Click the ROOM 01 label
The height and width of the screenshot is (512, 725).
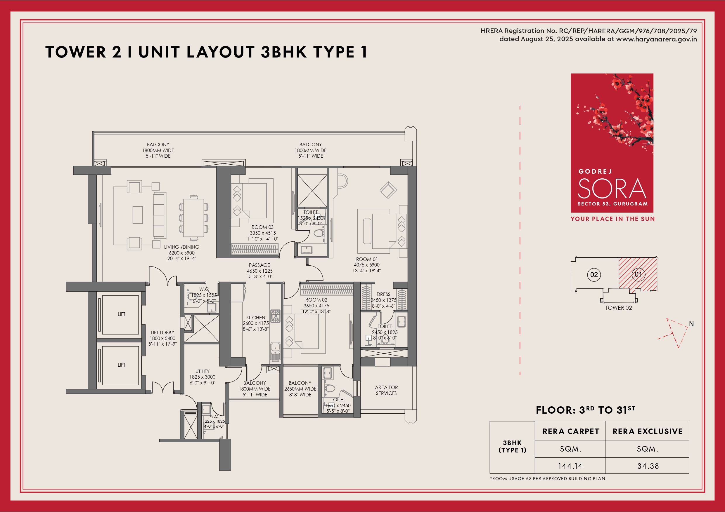tap(367, 259)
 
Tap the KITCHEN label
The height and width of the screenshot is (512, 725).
tap(256, 318)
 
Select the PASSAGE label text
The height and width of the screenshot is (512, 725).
tap(259, 265)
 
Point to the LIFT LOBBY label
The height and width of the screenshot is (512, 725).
tap(162, 332)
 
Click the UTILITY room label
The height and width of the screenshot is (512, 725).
tap(203, 371)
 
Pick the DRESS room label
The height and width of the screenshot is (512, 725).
tap(383, 294)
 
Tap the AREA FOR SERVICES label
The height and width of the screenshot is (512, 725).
tap(386, 390)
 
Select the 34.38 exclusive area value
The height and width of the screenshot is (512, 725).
tap(648, 466)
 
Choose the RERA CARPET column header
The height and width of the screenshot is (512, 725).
tap(571, 431)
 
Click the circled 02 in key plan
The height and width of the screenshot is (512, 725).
tap(594, 274)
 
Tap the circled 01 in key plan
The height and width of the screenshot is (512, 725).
tap(639, 274)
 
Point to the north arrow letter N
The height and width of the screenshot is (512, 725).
tap(691, 324)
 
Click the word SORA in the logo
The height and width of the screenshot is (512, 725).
tap(612, 189)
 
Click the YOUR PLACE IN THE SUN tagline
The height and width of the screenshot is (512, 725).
tap(612, 219)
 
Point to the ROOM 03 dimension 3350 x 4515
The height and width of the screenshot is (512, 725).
tap(263, 233)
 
